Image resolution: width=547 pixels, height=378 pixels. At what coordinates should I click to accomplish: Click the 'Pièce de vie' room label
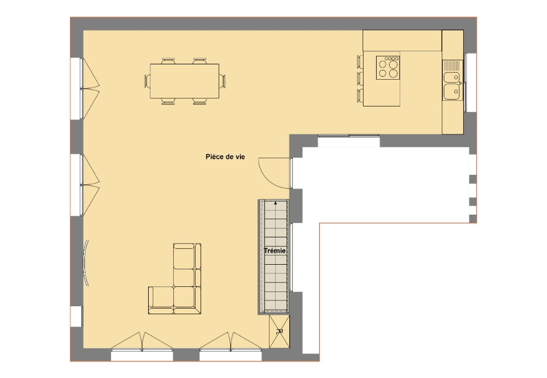click(225, 157)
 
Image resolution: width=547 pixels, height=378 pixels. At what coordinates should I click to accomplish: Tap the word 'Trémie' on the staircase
click(275, 251)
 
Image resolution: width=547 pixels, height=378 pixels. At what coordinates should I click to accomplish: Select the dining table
click(185, 81)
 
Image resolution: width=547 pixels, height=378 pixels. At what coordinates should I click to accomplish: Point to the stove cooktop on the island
click(388, 67)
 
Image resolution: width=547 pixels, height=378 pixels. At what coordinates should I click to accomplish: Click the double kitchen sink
click(452, 86)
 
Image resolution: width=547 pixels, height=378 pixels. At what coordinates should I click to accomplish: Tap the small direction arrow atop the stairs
click(276, 202)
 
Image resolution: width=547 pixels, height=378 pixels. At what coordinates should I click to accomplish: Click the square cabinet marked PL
click(279, 331)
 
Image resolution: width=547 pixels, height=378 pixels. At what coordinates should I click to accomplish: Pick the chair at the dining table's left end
click(146, 81)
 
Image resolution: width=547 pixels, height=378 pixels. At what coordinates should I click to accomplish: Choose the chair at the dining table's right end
click(223, 81)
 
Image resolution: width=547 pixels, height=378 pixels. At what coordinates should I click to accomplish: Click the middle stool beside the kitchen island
click(360, 79)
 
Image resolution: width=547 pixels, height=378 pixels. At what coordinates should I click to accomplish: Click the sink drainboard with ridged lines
click(452, 65)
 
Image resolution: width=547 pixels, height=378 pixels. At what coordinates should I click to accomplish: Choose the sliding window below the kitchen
click(349, 141)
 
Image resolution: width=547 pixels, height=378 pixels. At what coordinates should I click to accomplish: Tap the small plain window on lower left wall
click(77, 317)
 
